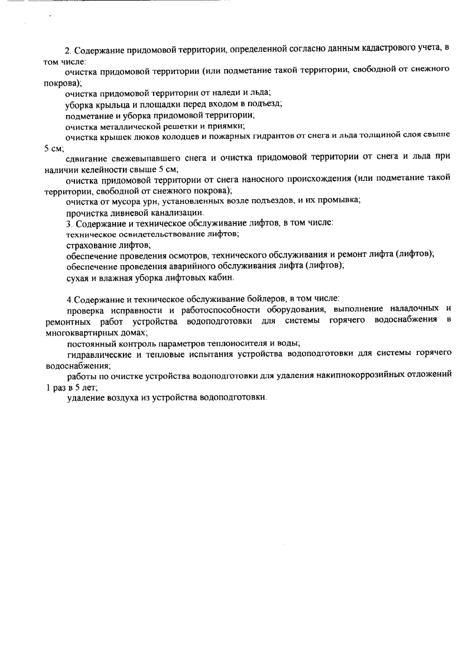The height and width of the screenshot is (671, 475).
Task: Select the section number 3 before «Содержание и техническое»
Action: click(x=68, y=223)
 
